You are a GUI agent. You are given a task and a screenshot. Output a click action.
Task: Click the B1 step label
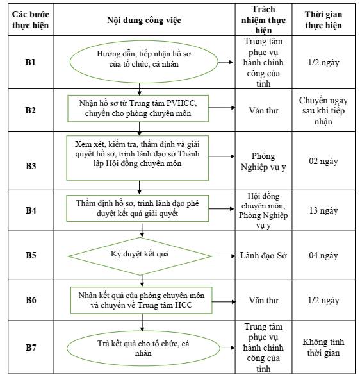pos(30,62)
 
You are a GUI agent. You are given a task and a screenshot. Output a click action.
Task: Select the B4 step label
pos(31,210)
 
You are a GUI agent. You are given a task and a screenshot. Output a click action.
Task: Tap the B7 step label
pos(31,348)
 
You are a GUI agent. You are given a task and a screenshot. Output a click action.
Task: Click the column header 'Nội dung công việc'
pos(144,21)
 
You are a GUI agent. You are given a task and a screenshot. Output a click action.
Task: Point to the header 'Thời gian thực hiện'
pos(323,20)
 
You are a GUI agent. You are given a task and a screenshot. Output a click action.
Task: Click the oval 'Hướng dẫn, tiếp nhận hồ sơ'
pos(144,62)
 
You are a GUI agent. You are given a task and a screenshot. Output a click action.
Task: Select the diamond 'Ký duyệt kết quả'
pos(140,256)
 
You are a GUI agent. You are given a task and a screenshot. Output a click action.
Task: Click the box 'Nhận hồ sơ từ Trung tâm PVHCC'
pos(138,108)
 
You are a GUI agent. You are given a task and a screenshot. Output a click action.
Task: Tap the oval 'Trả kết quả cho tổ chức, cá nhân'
pos(143,348)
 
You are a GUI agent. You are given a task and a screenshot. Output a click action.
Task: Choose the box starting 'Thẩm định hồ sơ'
pos(137,208)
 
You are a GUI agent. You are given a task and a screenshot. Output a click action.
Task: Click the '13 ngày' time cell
pos(323,210)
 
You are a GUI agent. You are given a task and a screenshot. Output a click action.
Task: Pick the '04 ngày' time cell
pos(323,256)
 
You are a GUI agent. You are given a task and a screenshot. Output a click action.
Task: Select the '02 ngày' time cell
pos(323,162)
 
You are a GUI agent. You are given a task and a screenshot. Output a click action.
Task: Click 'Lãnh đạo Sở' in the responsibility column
pos(263,255)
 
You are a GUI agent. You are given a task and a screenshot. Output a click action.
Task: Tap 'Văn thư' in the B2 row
pos(263,110)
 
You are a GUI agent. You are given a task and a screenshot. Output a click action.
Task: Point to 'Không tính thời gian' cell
pos(323,348)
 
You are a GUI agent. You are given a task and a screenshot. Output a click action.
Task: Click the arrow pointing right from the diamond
pos(225,256)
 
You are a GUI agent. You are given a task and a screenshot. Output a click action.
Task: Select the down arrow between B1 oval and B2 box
pos(139,89)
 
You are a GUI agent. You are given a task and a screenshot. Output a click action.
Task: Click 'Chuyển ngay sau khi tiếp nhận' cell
pos(323,110)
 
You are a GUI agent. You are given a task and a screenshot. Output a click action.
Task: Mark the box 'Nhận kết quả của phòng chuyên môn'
pos(141,300)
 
